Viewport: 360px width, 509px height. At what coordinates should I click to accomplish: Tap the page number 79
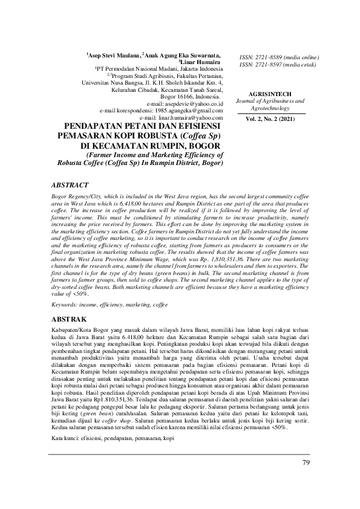[x=306, y=462]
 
